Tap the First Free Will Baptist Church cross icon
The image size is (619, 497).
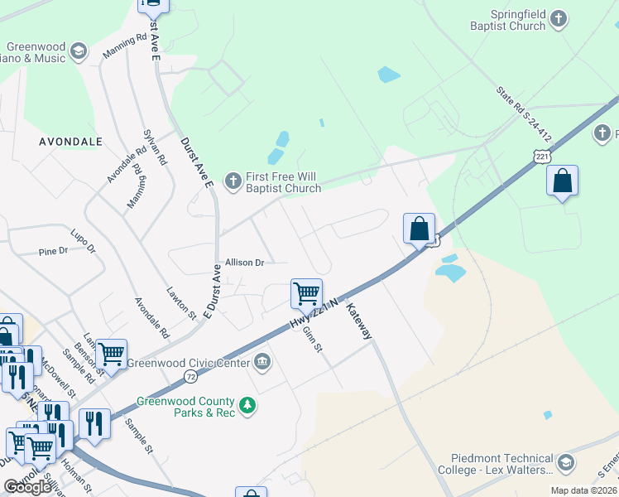(233, 179)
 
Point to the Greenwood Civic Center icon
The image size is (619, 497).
(262, 360)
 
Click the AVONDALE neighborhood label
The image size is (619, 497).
(70, 142)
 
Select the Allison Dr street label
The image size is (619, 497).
(244, 263)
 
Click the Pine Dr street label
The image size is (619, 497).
(53, 250)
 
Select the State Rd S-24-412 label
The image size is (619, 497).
(523, 114)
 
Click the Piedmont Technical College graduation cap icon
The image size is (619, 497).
(566, 462)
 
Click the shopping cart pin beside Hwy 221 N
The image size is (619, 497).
(306, 292)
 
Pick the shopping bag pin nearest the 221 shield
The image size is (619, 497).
(562, 181)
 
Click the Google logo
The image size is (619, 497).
(27, 487)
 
